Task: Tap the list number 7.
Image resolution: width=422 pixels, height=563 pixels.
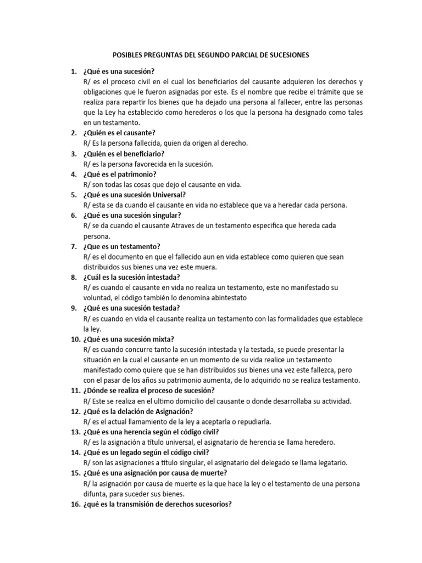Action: point(73,246)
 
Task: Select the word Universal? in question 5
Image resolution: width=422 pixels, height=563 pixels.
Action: point(167,195)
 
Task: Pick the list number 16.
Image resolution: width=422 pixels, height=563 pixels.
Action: point(75,504)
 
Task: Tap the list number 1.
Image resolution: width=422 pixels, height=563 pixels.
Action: point(73,71)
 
